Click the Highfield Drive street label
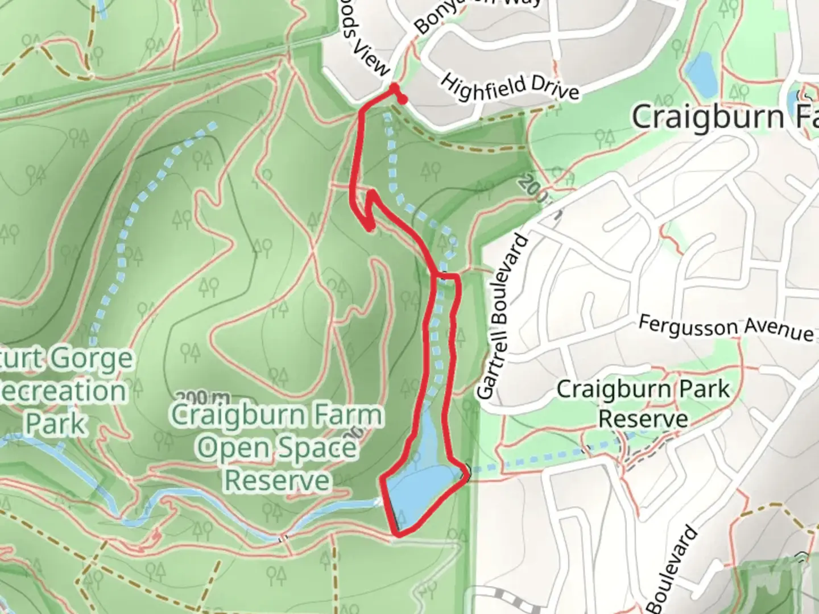pyautogui.click(x=510, y=86)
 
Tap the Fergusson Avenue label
pyautogui.click(x=725, y=329)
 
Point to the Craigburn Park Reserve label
pyautogui.click(x=643, y=404)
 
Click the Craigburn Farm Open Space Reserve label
pyautogui.click(x=278, y=447)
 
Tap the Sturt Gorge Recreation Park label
pyautogui.click(x=63, y=392)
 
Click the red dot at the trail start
pyautogui.click(x=403, y=101)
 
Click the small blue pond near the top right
pyautogui.click(x=701, y=73)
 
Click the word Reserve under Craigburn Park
pyautogui.click(x=643, y=420)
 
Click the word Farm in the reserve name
pyautogui.click(x=350, y=415)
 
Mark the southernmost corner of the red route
pyautogui.click(x=398, y=533)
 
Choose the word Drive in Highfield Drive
pyautogui.click(x=551, y=91)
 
